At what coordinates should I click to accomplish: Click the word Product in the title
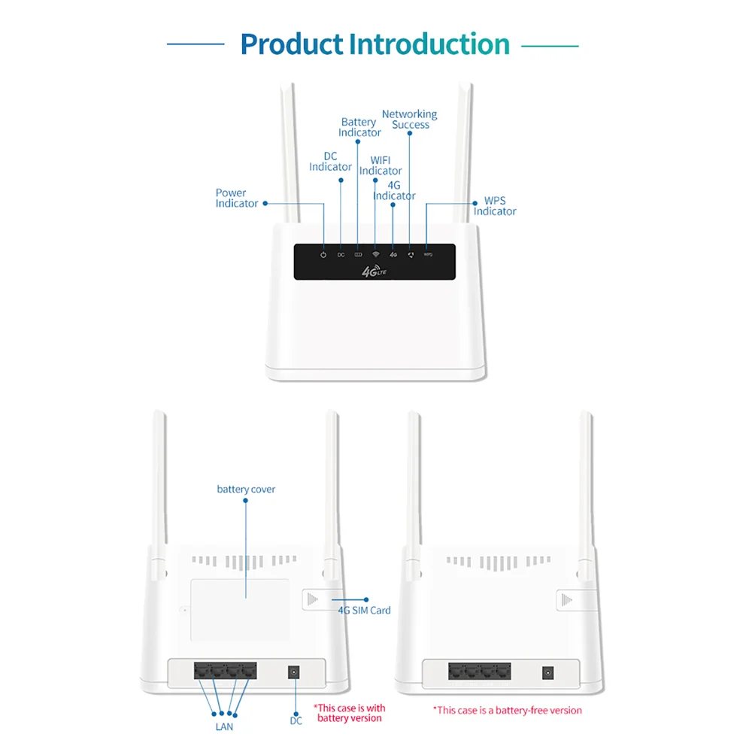click(x=291, y=44)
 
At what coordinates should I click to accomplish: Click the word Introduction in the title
click(x=429, y=44)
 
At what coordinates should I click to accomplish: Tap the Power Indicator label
click(x=237, y=199)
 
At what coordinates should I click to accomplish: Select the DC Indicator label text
click(x=330, y=162)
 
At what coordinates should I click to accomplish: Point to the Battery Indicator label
click(x=359, y=127)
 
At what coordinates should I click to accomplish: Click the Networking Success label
click(x=409, y=120)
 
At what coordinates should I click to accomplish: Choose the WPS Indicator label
click(x=495, y=207)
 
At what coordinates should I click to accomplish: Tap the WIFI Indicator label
click(x=381, y=165)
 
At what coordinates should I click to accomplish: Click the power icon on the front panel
click(x=323, y=255)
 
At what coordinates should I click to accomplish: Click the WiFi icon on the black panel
click(x=375, y=255)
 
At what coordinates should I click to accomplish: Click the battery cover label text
click(x=246, y=490)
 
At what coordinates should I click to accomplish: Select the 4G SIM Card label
click(x=365, y=610)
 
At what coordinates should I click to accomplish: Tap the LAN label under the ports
click(x=224, y=726)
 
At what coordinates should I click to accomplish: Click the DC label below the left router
click(x=296, y=720)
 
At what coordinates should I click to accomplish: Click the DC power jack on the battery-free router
click(x=548, y=672)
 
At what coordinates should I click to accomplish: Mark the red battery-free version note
click(x=508, y=710)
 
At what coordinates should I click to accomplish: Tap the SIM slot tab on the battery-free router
click(x=569, y=599)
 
